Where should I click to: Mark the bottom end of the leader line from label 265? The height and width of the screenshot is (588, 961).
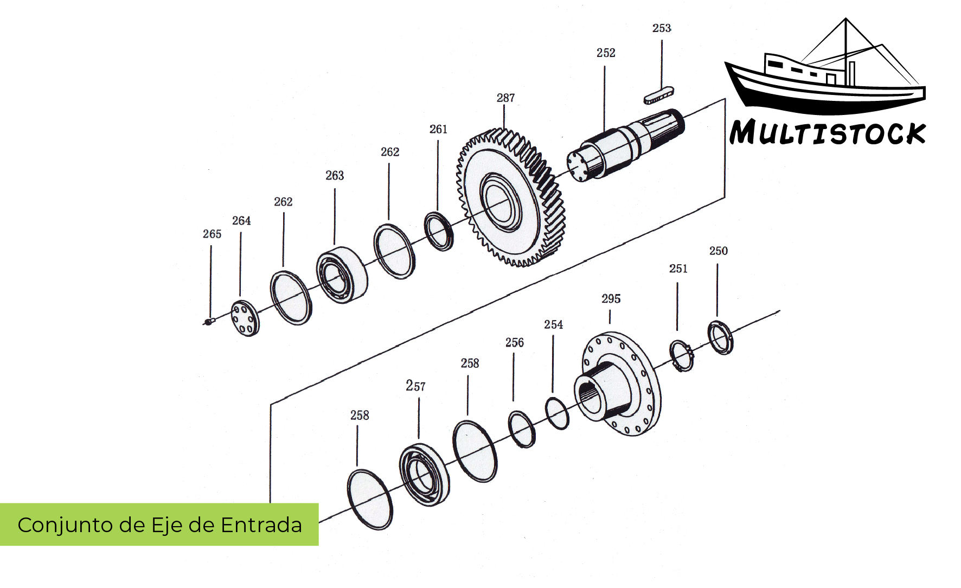(210, 319)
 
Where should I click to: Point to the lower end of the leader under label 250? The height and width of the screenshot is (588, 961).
(717, 317)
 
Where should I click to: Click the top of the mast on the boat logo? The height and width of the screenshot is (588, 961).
(845, 18)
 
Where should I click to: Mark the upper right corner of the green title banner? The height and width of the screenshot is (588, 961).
(318, 503)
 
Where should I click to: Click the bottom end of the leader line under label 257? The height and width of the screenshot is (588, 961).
(419, 438)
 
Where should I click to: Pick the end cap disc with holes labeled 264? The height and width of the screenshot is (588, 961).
(245, 318)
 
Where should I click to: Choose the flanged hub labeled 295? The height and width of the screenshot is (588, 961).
(618, 385)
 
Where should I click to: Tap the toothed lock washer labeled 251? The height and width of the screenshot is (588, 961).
(682, 356)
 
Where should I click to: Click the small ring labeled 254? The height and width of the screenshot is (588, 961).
(557, 413)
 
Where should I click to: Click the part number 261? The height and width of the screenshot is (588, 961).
(438, 129)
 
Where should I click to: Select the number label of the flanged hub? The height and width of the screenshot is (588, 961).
(611, 299)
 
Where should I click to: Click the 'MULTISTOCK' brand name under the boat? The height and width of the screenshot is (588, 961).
(828, 133)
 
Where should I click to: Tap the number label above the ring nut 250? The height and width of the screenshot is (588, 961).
(719, 251)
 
